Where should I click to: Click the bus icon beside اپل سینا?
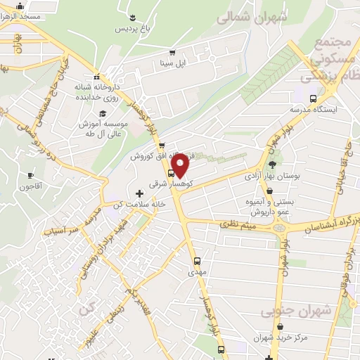172,52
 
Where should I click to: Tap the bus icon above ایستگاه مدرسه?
314,99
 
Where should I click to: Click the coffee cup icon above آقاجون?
30,175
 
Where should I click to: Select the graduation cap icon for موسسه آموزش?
102,113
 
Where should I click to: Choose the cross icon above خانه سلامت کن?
139,193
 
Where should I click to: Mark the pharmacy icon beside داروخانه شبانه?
98,79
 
